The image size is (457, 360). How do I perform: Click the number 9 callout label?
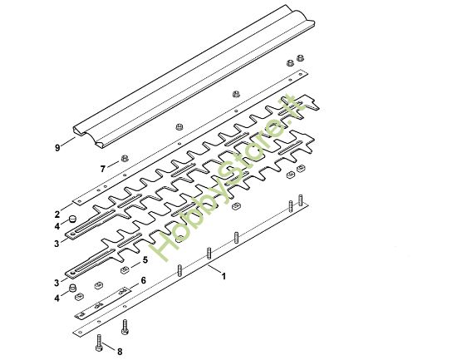(57, 148)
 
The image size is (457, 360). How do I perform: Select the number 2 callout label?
(57, 215)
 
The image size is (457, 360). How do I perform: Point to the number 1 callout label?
(224, 276)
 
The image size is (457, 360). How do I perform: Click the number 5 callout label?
(146, 259)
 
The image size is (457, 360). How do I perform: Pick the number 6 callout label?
(144, 280)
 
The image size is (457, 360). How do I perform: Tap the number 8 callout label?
(120, 352)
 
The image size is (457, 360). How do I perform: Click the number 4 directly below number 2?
(57, 226)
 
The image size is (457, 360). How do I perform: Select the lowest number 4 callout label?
(57, 297)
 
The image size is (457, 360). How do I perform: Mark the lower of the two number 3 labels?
(57, 282)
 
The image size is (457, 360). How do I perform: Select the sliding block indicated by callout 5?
(125, 270)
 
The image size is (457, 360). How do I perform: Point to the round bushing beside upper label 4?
(72, 219)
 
